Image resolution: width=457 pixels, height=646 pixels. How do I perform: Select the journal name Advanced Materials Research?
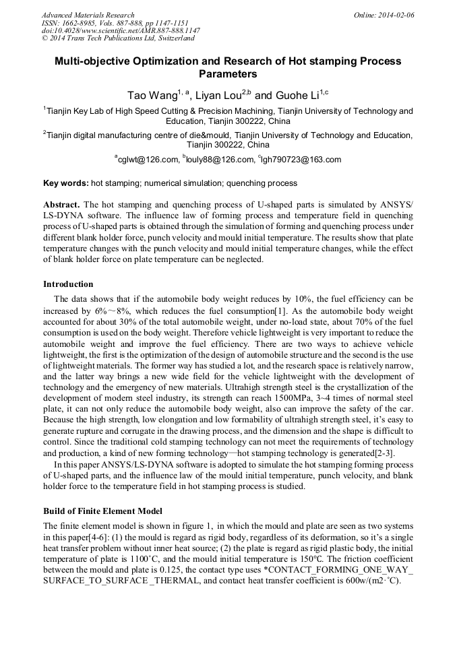click(x=88, y=15)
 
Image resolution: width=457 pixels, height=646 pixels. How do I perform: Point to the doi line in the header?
click(x=121, y=31)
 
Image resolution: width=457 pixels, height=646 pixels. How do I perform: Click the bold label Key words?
click(x=65, y=183)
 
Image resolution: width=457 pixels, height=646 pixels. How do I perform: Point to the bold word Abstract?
click(x=61, y=204)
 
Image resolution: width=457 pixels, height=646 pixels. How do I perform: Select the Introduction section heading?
click(x=68, y=284)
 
